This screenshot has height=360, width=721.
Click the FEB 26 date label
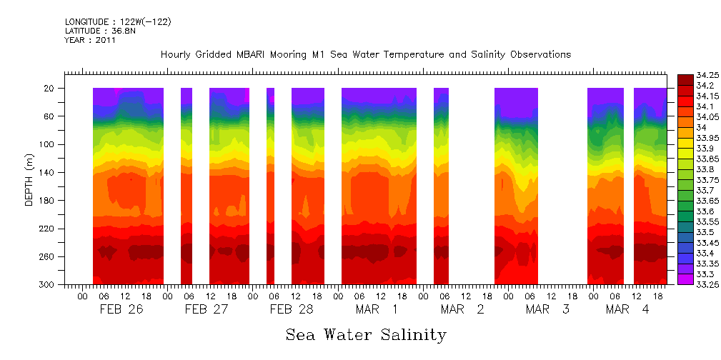point(115,309)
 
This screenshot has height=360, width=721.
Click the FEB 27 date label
point(206,309)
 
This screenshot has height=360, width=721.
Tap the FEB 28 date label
point(291,309)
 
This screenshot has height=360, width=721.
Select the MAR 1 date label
point(377,309)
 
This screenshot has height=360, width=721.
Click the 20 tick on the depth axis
point(50,89)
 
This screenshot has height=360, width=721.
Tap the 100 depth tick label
point(48,144)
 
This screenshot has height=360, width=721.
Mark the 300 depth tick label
point(48,285)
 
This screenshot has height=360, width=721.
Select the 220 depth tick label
point(48,229)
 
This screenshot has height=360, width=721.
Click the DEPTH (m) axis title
point(29,182)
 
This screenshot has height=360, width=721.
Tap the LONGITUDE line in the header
point(117,22)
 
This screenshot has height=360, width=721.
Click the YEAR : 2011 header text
point(90,41)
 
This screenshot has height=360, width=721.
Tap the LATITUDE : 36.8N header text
point(99,31)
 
